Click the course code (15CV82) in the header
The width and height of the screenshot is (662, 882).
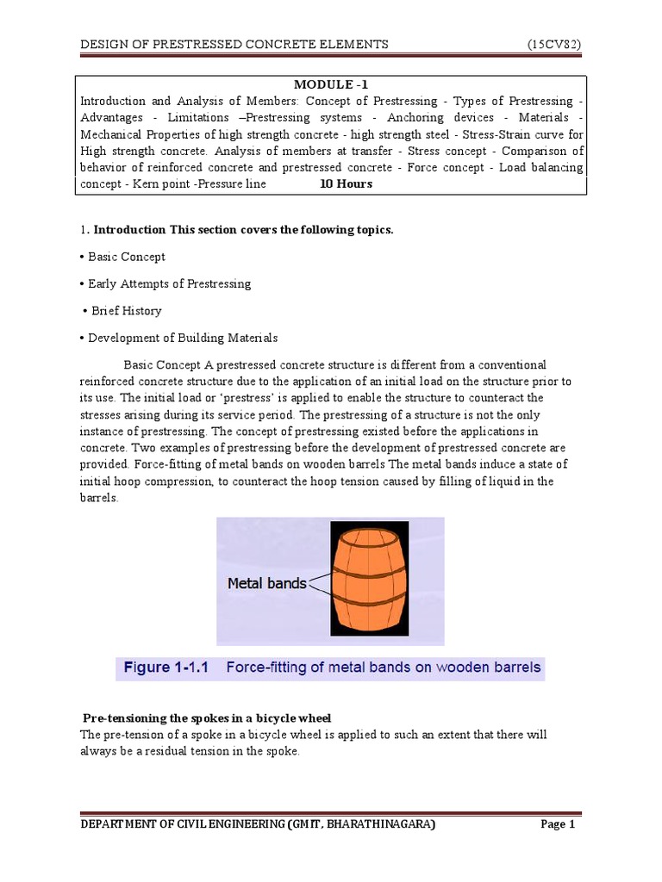pos(555,44)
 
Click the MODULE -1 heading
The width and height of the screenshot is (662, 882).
pos(331,84)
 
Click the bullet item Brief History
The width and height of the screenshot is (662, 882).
pos(125,310)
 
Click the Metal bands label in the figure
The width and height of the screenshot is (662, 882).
pos(266,583)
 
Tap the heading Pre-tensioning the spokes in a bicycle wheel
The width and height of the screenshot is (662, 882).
pos(207,718)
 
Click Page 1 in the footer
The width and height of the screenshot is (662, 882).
pos(557,824)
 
